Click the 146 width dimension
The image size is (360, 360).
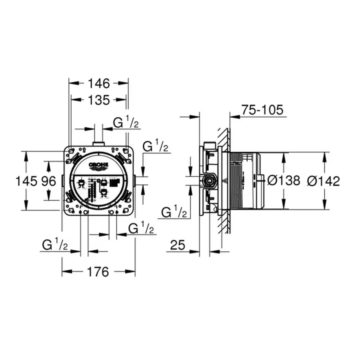coord(99,84)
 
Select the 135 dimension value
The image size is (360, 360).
coord(99,100)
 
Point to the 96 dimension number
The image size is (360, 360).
coord(49,181)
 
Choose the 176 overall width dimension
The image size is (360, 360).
coord(98,272)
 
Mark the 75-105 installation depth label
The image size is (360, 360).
coord(262,110)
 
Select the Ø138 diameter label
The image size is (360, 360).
coord(283,181)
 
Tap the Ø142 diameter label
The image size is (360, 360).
coord(323,181)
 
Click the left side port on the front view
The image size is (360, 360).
coord(62,180)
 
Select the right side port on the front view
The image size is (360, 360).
coord(134,180)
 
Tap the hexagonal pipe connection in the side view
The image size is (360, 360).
coord(208,180)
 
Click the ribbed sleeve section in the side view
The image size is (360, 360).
coord(236,180)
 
